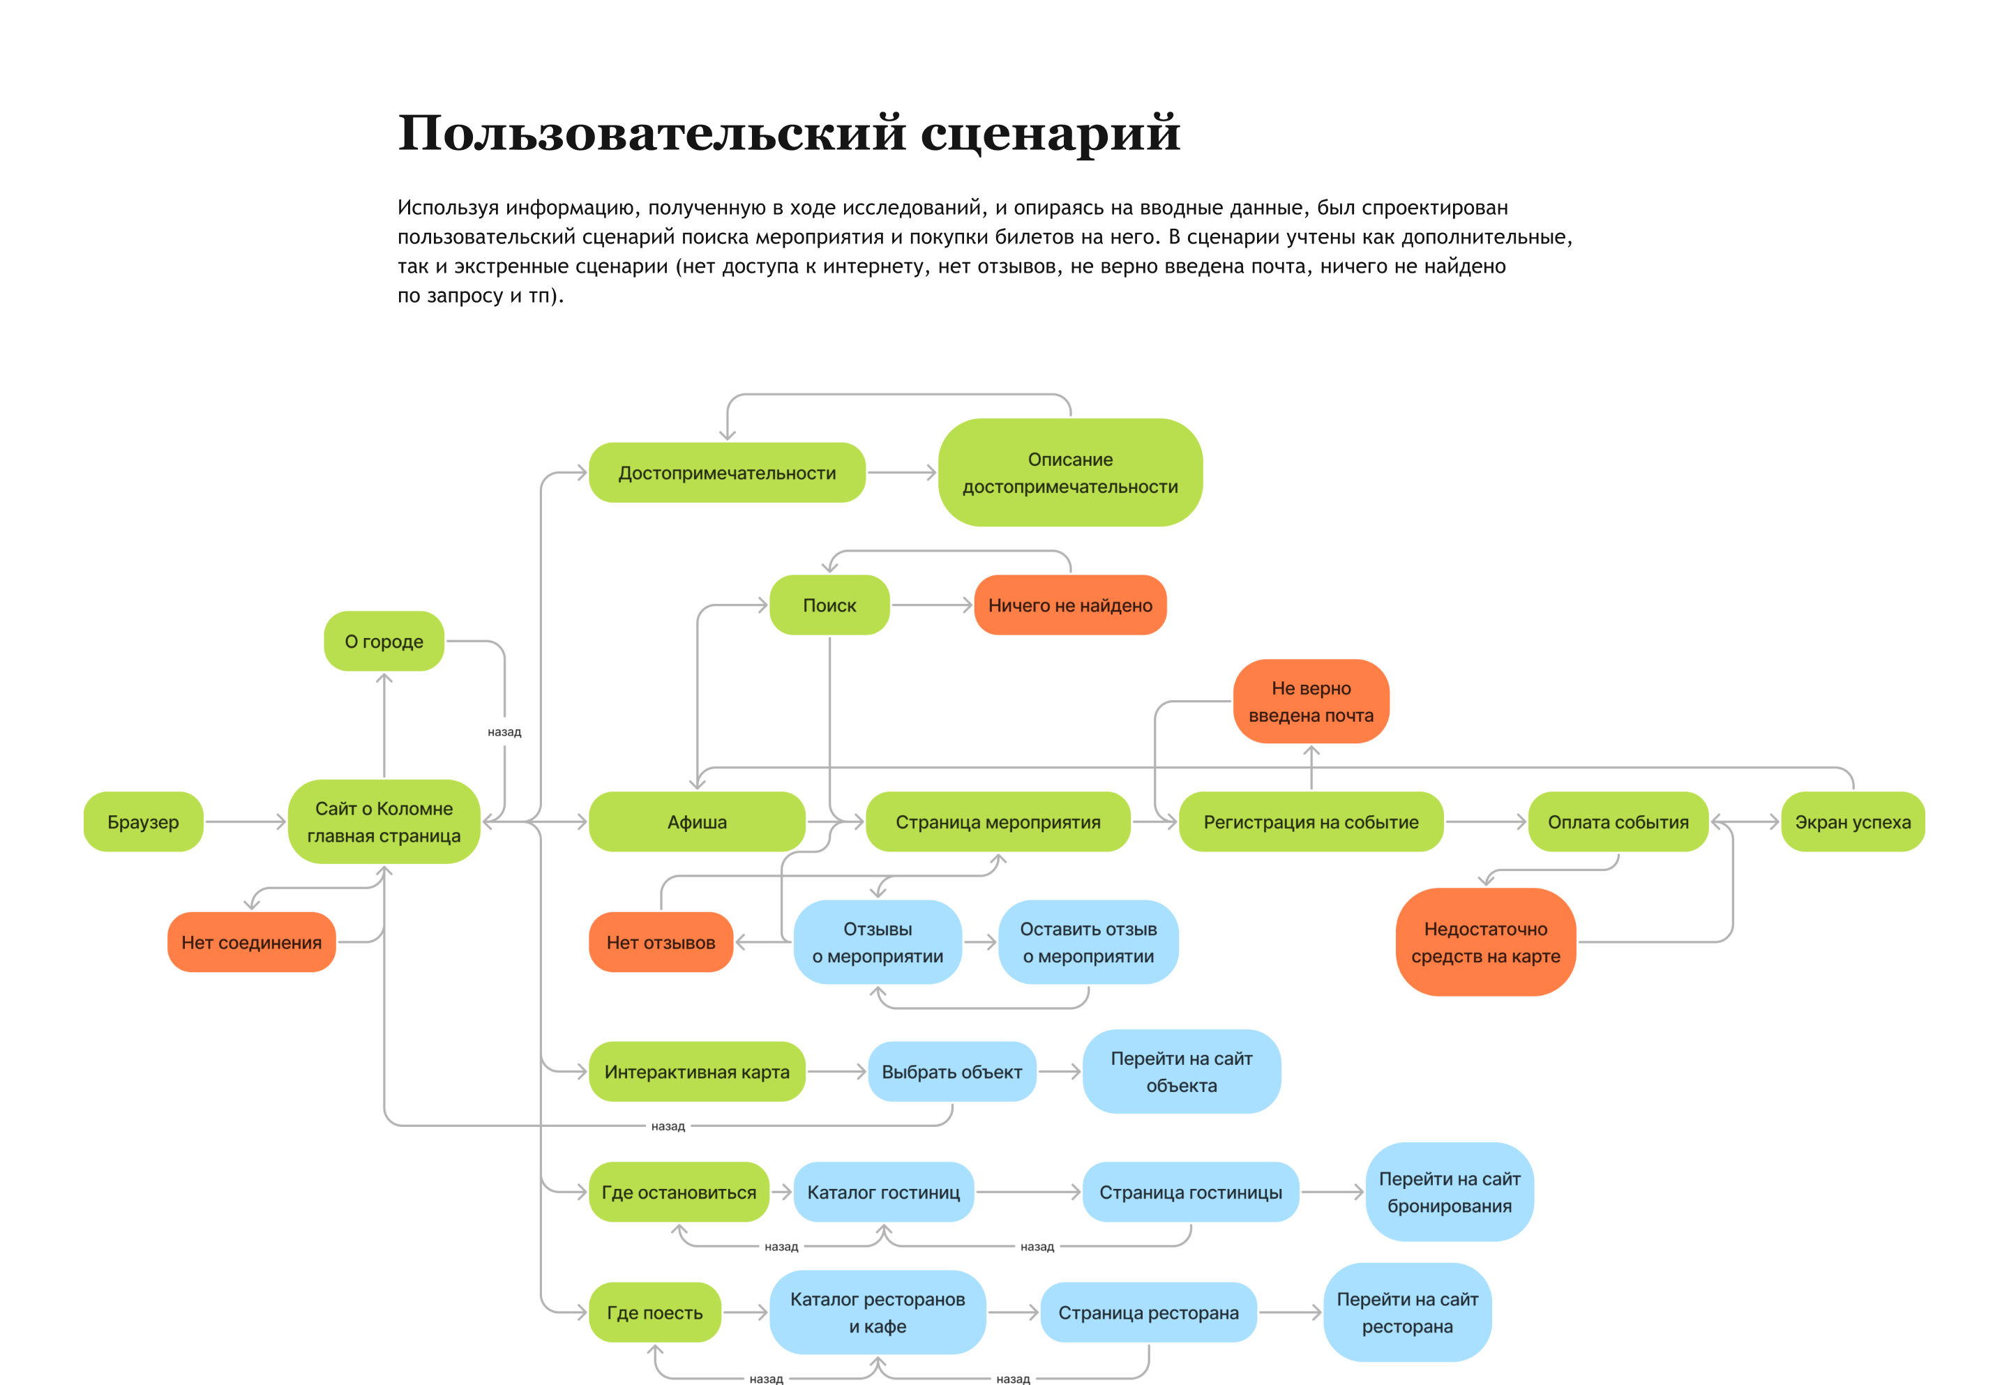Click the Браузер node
[x=143, y=822]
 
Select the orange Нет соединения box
[x=251, y=942]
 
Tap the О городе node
[x=384, y=642]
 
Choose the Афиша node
[x=697, y=822]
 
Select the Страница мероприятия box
[x=998, y=822]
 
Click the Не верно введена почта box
[x=1311, y=701]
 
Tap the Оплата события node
[x=1618, y=822]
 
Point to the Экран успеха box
[x=1852, y=822]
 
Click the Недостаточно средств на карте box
[x=1485, y=942]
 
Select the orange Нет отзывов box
[x=661, y=942]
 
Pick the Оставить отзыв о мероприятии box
[x=1088, y=942]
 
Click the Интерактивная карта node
[x=697, y=1072]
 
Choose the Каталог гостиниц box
[x=883, y=1193]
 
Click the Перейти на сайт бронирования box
[x=1450, y=1193]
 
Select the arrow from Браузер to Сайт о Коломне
[x=246, y=822]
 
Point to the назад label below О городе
[x=504, y=732]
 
